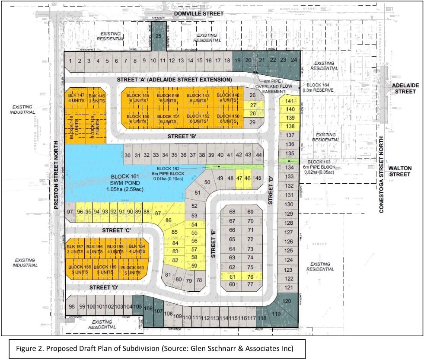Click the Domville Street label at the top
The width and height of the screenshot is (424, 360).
pyautogui.click(x=198, y=14)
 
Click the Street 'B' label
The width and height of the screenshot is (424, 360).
pyautogui.click(x=182, y=137)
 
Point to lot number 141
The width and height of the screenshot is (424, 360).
pyautogui.click(x=290, y=101)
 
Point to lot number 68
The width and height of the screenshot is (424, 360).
pyautogui.click(x=233, y=212)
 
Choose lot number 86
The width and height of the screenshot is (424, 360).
pyautogui.click(x=169, y=221)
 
